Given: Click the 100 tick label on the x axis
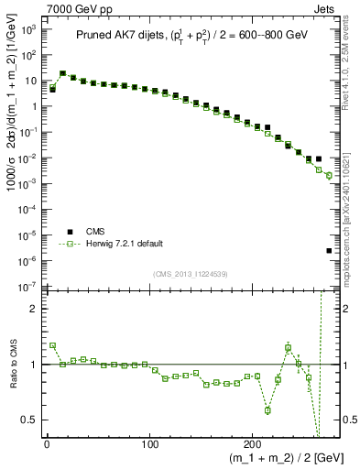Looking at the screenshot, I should [149, 445].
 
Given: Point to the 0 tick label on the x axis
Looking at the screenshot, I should [47, 445].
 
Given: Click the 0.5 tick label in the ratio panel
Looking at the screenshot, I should [30, 420].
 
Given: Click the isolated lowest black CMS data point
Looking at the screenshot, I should [329, 251].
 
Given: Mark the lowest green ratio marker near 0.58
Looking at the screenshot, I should [267, 410].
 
